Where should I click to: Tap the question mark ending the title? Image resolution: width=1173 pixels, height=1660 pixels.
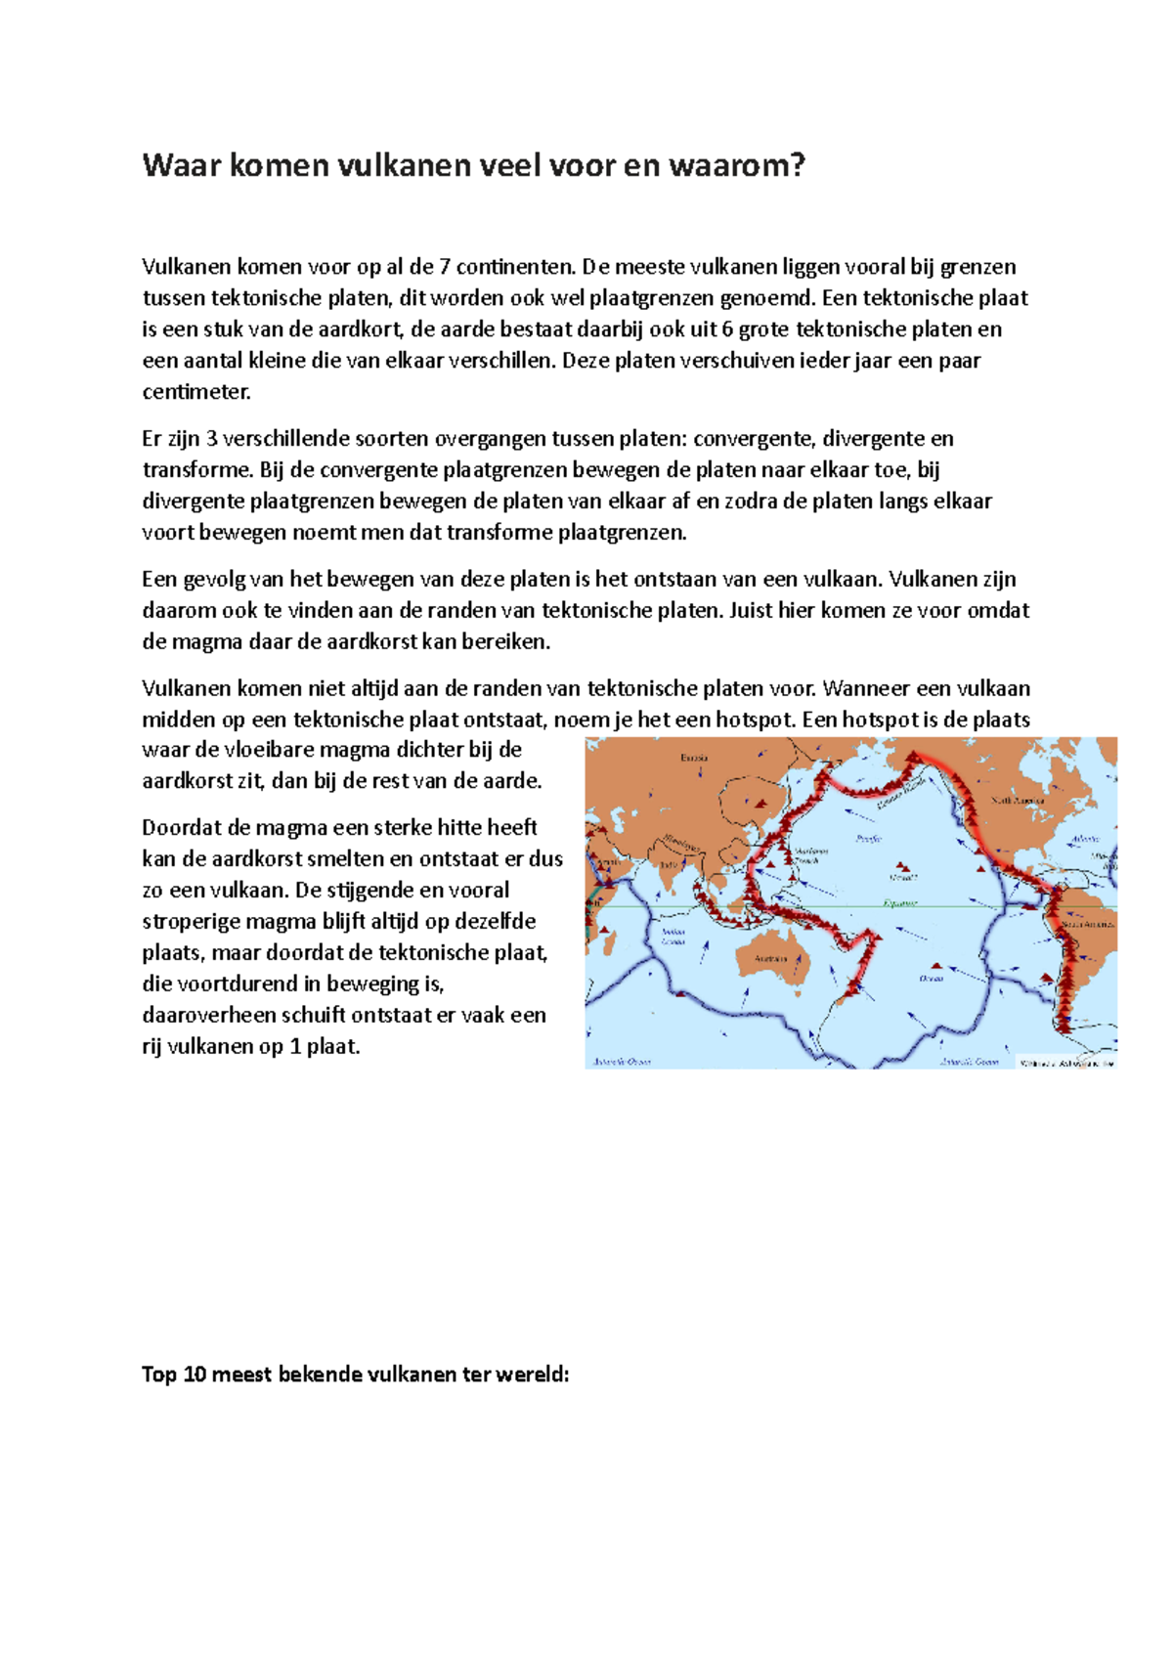(x=799, y=165)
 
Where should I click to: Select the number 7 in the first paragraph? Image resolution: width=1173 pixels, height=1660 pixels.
(x=443, y=267)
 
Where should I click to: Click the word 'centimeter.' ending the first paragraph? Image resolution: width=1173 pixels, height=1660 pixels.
(x=196, y=392)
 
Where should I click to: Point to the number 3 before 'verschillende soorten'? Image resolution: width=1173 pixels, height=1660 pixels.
(x=210, y=439)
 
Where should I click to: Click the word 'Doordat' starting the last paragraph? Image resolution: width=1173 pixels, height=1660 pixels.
(x=181, y=828)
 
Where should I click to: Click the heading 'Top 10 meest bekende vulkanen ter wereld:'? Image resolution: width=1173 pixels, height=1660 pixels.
(x=355, y=1375)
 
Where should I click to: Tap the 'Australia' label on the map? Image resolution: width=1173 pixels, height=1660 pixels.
(x=770, y=958)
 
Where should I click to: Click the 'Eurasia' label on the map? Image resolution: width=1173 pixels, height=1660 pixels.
(x=694, y=758)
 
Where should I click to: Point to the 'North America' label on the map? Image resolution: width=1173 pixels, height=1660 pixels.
(x=1019, y=800)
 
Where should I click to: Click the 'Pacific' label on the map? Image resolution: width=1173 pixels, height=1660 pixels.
(x=868, y=838)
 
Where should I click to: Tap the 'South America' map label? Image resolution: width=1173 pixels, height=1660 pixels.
(x=1087, y=923)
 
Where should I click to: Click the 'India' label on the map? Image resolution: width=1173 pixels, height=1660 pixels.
(x=669, y=865)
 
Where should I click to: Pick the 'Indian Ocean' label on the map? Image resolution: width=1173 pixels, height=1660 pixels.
(x=673, y=937)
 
